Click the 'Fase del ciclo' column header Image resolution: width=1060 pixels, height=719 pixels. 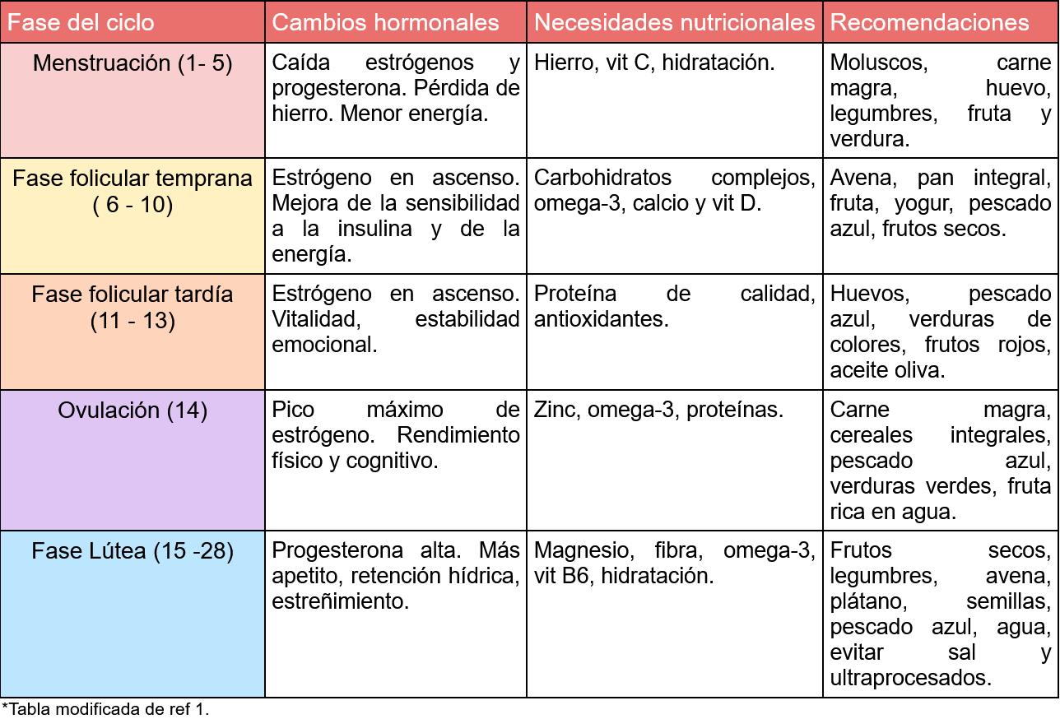(81, 22)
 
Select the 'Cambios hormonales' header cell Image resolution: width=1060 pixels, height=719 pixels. (385, 22)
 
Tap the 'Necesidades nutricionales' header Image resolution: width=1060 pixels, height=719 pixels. (674, 22)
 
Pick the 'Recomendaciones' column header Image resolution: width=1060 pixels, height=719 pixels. (929, 22)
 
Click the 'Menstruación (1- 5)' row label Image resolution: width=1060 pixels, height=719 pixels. (132, 63)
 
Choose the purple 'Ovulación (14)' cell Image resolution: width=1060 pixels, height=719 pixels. (132, 411)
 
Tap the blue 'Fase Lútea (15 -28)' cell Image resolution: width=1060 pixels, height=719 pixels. (132, 551)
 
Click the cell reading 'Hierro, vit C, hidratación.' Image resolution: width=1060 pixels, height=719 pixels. (654, 63)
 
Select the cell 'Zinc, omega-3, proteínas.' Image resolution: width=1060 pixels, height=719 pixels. (658, 410)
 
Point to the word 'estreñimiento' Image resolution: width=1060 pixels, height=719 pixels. (340, 601)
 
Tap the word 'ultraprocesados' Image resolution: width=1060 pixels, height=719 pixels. (908, 678)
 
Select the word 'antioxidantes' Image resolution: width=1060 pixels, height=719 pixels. (601, 319)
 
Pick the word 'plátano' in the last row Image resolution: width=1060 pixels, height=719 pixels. (863, 601)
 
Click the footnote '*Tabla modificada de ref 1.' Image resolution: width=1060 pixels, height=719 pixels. (105, 708)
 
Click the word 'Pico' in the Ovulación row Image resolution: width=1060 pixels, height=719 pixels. (293, 410)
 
